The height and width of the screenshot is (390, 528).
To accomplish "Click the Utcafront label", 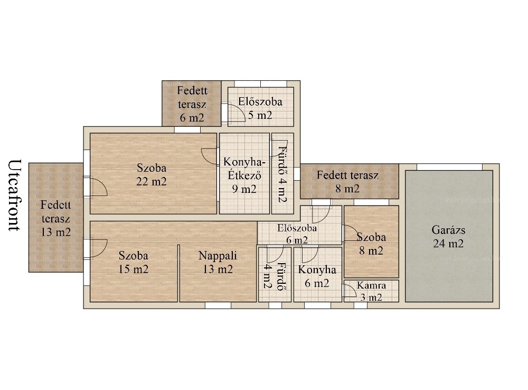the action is (x=14, y=195).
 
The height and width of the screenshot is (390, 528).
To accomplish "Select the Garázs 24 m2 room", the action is (x=449, y=236).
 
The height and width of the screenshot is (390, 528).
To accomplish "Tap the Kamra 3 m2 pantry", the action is (x=371, y=291).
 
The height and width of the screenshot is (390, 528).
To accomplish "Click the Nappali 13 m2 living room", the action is (x=218, y=262).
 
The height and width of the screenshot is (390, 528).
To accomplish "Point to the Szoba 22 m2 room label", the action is (x=152, y=174).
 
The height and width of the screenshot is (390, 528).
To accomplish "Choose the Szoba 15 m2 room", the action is (x=134, y=262).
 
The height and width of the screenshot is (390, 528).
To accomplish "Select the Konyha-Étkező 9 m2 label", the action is (x=244, y=175).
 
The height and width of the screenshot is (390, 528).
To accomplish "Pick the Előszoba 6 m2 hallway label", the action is (x=297, y=234).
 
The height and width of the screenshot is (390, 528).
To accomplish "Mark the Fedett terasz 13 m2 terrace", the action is (x=56, y=218).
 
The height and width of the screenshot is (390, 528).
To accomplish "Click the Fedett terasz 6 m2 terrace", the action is (x=192, y=104).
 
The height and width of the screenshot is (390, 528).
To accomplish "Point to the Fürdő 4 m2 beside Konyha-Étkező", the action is (x=282, y=173).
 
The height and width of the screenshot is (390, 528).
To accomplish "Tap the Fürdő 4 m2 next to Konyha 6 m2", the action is (x=275, y=274).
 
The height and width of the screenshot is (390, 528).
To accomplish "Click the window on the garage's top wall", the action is (x=449, y=167).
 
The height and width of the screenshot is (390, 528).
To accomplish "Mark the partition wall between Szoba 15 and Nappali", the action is (x=178, y=273).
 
